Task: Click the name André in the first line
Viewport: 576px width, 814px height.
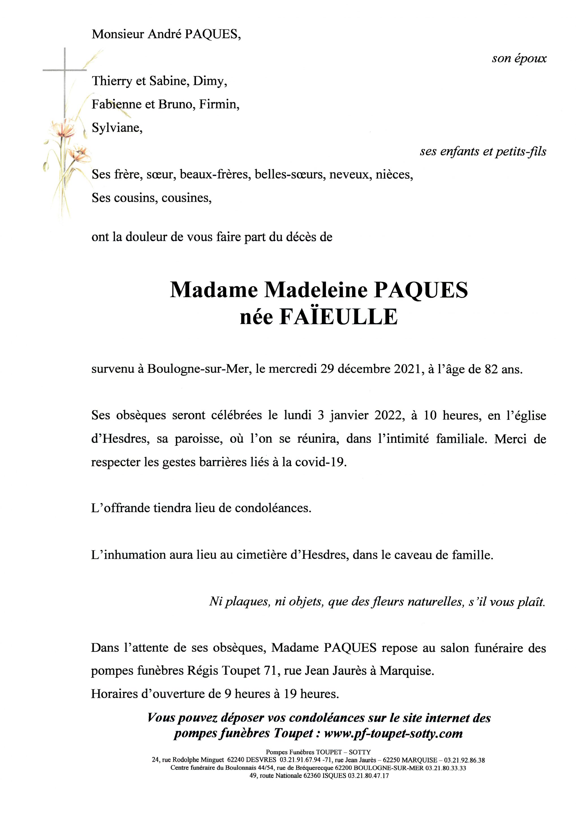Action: [165, 34]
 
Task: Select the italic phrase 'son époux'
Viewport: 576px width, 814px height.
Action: [519, 58]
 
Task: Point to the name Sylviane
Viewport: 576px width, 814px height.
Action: [117, 128]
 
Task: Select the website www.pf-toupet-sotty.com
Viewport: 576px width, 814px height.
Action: [393, 733]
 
